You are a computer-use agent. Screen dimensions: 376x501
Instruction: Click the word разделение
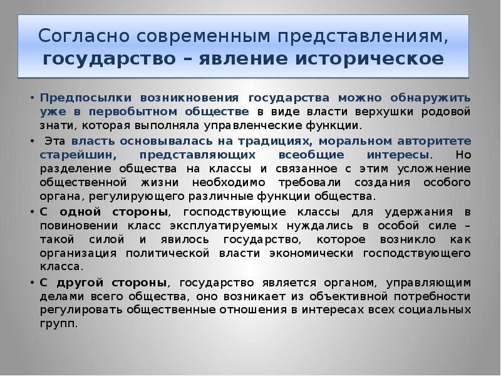point(73,169)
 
